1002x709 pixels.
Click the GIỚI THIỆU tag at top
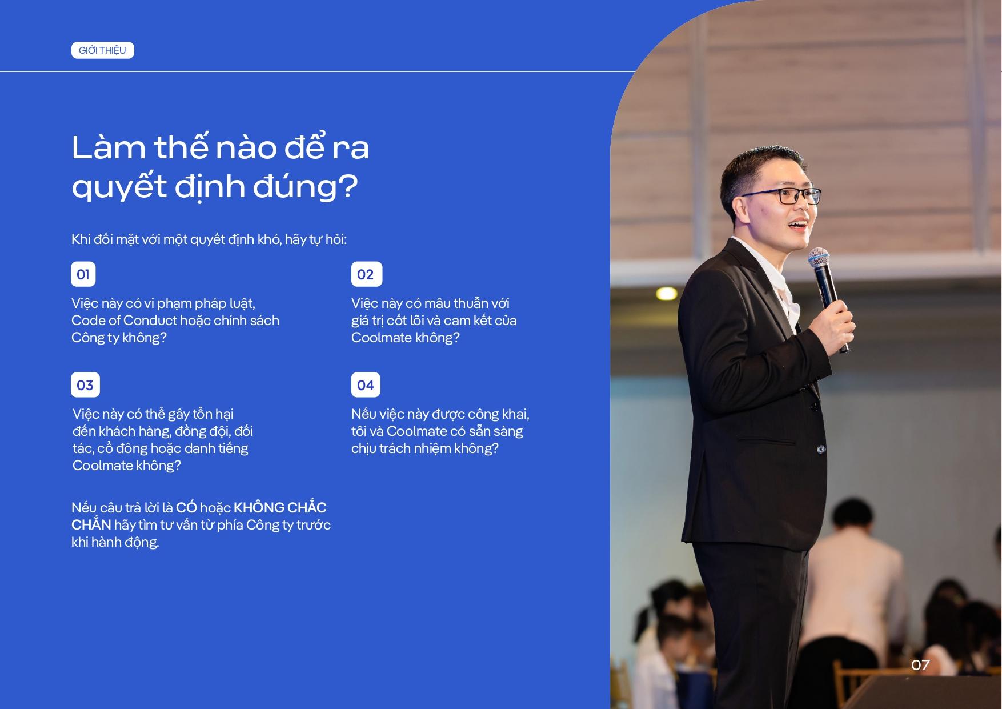[103, 50]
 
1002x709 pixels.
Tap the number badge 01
[83, 274]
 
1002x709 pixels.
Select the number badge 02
[366, 274]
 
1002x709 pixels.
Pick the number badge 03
[85, 385]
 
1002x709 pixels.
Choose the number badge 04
[366, 385]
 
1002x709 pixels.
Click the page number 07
[920, 665]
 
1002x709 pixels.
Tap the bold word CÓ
[186, 507]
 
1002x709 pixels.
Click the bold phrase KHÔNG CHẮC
[280, 507]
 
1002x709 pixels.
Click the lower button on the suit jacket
[821, 450]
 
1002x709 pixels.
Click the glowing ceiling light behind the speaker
[666, 294]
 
